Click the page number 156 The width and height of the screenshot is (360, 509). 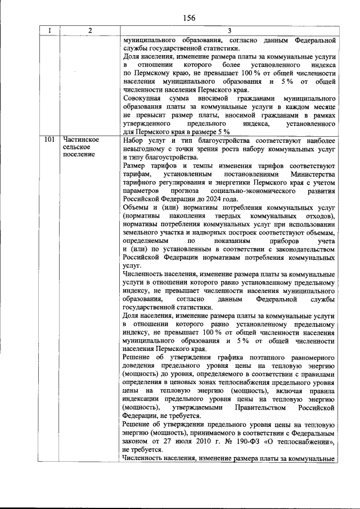click(x=188, y=17)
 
